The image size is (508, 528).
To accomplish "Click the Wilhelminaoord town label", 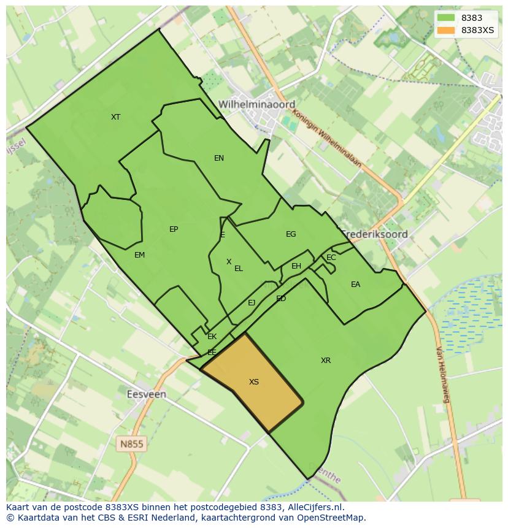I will coord(256,104).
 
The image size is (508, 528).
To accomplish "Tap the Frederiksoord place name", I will coord(375,234).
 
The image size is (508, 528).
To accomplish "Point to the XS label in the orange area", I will coord(254,382).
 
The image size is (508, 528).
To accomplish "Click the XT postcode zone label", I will coord(115,117).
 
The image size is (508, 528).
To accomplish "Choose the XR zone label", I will coord(326,361).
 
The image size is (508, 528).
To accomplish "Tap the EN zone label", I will coord(219,158).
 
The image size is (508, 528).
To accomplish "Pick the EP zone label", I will coord(174,229).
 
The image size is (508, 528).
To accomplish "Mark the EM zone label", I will coord(139,255).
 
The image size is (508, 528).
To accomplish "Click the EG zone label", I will coord(291,234).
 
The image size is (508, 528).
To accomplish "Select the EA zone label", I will coord(355,285).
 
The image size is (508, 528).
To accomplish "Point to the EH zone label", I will coord(296,266).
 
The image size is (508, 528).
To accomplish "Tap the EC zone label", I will coord(331,258).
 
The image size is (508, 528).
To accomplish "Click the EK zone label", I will coord(212,337).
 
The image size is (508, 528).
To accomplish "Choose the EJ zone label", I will coord(252,303).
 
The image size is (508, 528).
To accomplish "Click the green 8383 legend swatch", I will coord(446,18).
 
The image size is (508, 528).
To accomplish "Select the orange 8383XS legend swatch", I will coord(446,30).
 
